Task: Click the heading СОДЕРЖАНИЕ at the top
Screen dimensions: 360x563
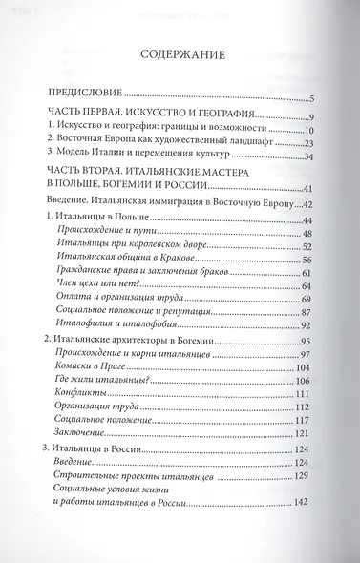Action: click(180, 54)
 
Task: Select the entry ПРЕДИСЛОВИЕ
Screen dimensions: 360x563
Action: click(87, 96)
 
